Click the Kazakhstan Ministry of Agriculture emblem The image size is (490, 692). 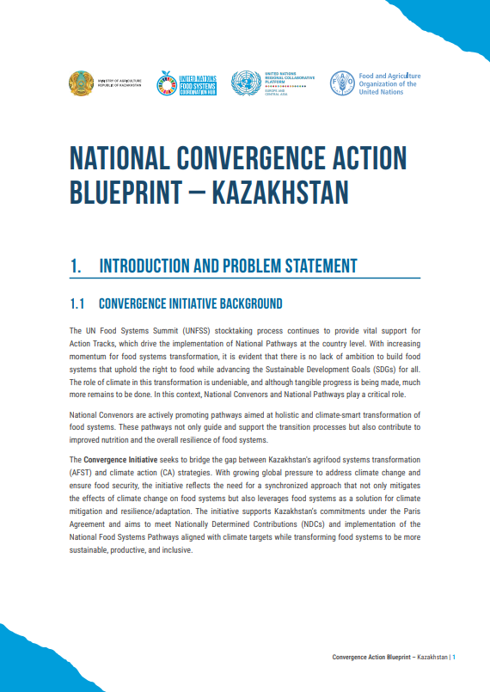click(x=81, y=83)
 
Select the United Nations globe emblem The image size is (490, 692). click(x=246, y=83)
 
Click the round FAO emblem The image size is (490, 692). click(x=341, y=83)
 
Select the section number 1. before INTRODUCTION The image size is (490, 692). click(x=77, y=266)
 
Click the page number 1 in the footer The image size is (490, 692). click(x=454, y=658)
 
